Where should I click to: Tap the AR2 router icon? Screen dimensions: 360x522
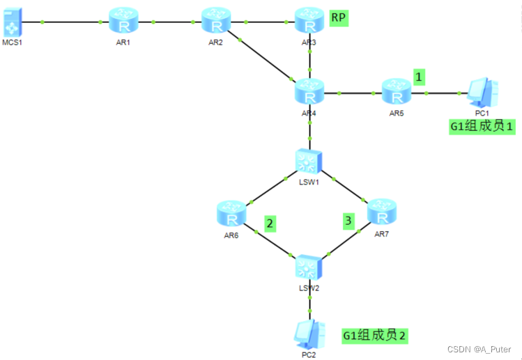(216, 22)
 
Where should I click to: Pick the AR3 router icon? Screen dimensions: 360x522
(309, 22)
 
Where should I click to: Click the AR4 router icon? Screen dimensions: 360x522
(309, 92)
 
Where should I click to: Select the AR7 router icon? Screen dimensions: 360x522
(381, 211)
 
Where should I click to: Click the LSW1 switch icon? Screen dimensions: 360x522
(307, 162)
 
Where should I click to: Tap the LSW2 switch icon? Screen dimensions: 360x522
(307, 267)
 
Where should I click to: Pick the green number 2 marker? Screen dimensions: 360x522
(270, 224)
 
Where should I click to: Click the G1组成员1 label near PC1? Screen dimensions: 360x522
(483, 126)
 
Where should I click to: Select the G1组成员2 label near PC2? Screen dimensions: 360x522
(374, 335)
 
